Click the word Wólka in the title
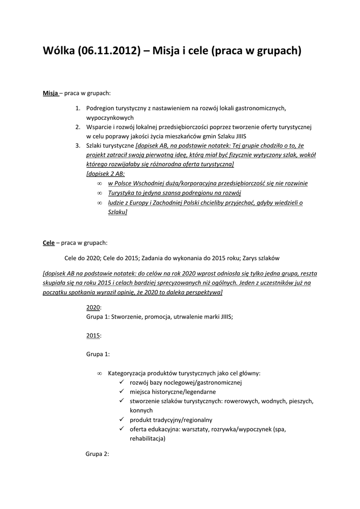(x=58, y=51)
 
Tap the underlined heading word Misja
(x=50, y=93)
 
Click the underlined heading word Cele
(x=48, y=243)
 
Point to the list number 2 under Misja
(x=78, y=127)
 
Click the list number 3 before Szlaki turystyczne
(x=78, y=146)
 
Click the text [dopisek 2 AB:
(x=105, y=174)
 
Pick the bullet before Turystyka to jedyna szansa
(x=99, y=193)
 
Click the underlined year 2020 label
(x=93, y=308)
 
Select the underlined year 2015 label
(x=93, y=336)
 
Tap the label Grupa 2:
(x=97, y=454)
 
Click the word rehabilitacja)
(x=148, y=438)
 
